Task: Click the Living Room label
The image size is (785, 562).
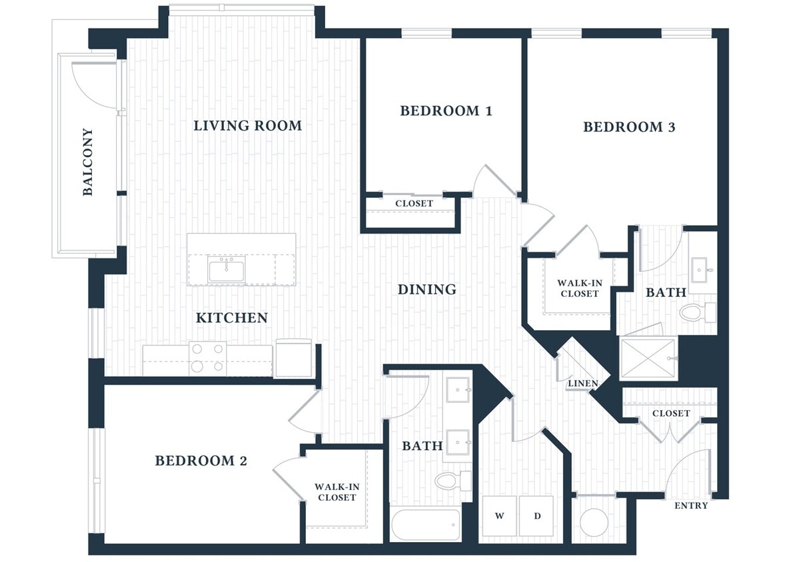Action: pyautogui.click(x=247, y=125)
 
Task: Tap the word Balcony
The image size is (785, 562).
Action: pyautogui.click(x=88, y=162)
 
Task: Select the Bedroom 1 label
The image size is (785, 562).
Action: pyautogui.click(x=446, y=111)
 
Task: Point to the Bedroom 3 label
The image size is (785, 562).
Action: pyautogui.click(x=629, y=127)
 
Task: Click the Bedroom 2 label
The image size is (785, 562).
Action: pyautogui.click(x=201, y=460)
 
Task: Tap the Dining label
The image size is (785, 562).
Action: pyautogui.click(x=426, y=289)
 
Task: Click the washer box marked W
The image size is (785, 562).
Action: pyautogui.click(x=499, y=515)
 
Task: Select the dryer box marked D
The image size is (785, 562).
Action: pyautogui.click(x=536, y=515)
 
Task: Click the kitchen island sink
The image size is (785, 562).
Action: pyautogui.click(x=227, y=270)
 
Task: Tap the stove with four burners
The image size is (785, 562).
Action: pyautogui.click(x=207, y=358)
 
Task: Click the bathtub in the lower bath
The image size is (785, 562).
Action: pyautogui.click(x=425, y=525)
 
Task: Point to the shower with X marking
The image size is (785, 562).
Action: pyautogui.click(x=648, y=360)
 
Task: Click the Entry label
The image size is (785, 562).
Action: pyautogui.click(x=690, y=505)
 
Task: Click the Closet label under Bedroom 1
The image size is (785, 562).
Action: pyautogui.click(x=414, y=203)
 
